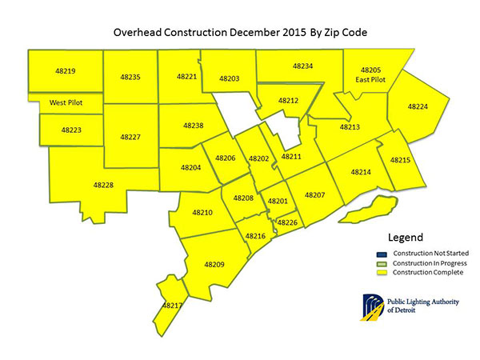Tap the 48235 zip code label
130,77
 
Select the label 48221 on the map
186,76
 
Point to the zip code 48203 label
229,78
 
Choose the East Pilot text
371,80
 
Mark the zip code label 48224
418,106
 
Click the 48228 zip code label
103,185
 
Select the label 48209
214,264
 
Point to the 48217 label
172,305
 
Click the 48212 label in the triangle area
289,101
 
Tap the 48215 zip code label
400,160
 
